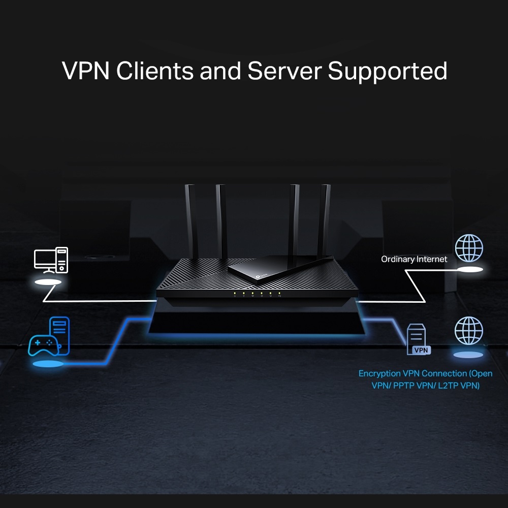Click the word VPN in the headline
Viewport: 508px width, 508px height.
(x=86, y=71)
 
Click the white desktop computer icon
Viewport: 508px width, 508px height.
(x=50, y=260)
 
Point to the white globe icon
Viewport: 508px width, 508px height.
(x=469, y=248)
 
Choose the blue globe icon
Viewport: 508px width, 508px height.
(x=469, y=331)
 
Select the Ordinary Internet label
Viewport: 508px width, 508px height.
(x=414, y=259)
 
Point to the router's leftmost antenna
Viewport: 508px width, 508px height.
(x=190, y=218)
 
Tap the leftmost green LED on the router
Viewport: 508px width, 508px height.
(x=235, y=293)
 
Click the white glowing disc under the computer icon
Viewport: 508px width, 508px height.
(x=49, y=281)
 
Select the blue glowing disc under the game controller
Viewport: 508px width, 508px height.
(x=48, y=364)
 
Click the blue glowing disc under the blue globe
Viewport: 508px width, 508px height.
(x=468, y=354)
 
